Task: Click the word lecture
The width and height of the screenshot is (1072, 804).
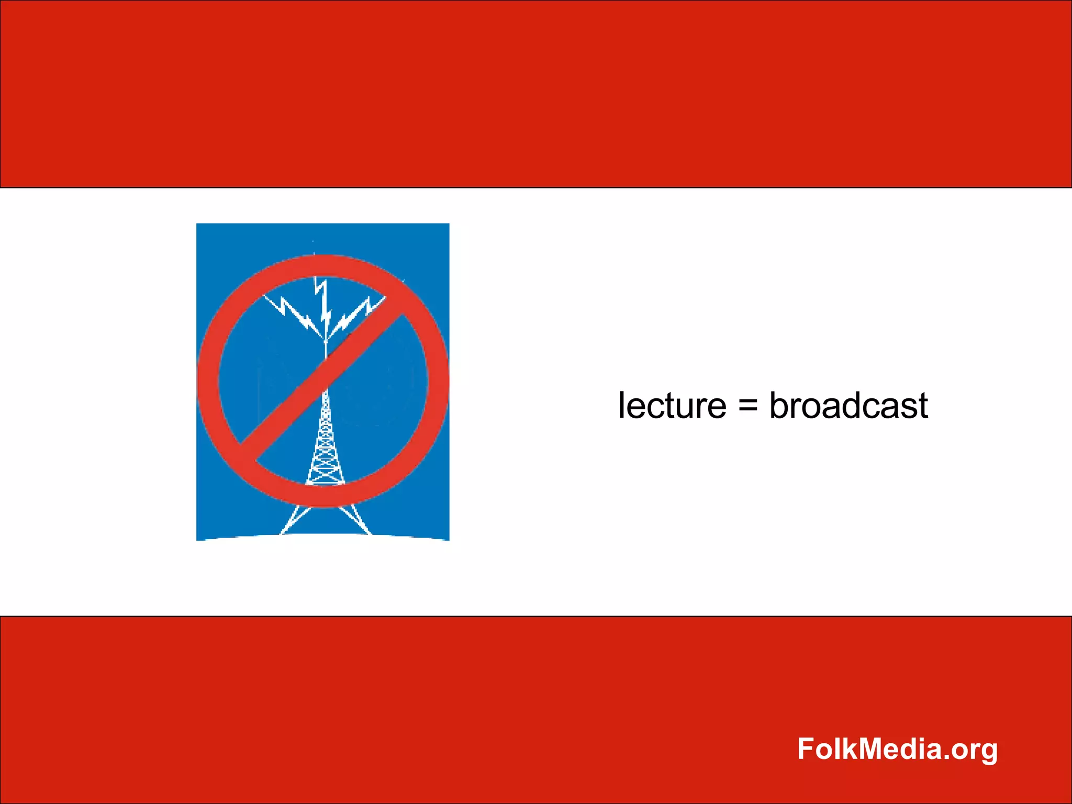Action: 672,406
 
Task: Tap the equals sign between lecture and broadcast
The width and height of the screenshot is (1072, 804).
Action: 748,406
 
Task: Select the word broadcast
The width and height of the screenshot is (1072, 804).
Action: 848,406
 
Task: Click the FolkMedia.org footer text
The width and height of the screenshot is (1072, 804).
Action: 897,749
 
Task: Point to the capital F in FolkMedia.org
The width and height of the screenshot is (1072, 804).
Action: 806,749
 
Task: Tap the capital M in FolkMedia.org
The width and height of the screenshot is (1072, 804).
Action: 873,749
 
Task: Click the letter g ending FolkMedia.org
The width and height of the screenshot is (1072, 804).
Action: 988,752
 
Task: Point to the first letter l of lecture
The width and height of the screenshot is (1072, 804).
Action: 621,405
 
